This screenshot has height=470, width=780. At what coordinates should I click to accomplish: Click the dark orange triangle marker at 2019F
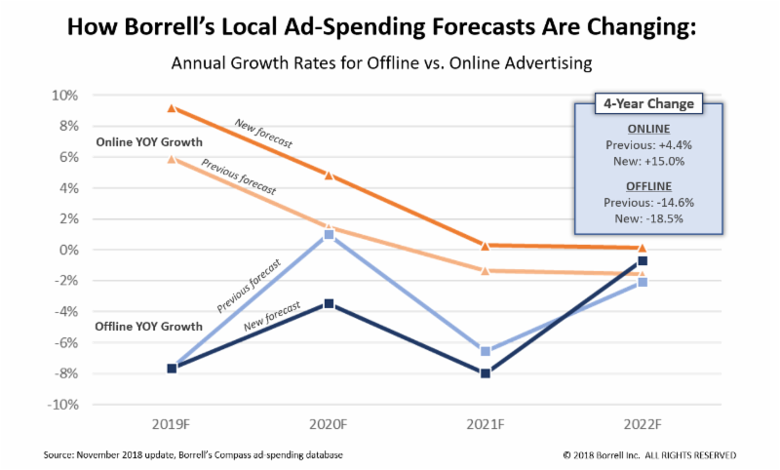173,108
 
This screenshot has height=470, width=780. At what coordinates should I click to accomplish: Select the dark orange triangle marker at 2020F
329,176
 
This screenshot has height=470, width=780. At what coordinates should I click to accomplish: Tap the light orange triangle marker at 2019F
173,159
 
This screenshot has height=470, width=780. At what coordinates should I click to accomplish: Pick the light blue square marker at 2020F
329,234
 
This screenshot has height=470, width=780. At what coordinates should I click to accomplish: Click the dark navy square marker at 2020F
329,304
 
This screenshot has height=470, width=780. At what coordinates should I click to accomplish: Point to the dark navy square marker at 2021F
485,372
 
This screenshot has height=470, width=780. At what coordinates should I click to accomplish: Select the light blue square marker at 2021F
485,351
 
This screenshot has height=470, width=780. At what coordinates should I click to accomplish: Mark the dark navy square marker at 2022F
643,260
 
